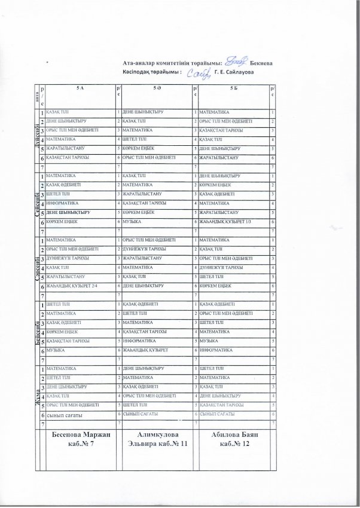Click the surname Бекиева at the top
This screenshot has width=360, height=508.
[260, 62]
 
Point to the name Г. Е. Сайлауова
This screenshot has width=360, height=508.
[234, 72]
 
